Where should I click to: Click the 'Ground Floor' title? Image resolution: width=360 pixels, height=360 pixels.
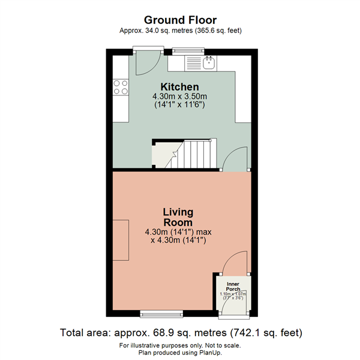point(180,20)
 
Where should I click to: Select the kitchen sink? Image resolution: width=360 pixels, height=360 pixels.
point(209,62)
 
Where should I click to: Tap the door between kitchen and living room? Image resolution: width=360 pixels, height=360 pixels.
point(235,159)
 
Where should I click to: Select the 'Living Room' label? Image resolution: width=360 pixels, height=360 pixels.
point(178,217)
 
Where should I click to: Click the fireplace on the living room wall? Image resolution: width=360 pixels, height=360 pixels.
point(120,240)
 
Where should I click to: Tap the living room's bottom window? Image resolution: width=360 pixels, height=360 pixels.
point(160,313)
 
